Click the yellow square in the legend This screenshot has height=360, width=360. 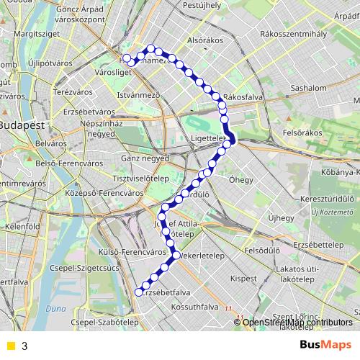coord(9,346)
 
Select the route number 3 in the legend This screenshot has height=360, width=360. coord(25,346)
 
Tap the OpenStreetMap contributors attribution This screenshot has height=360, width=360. coord(297,322)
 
